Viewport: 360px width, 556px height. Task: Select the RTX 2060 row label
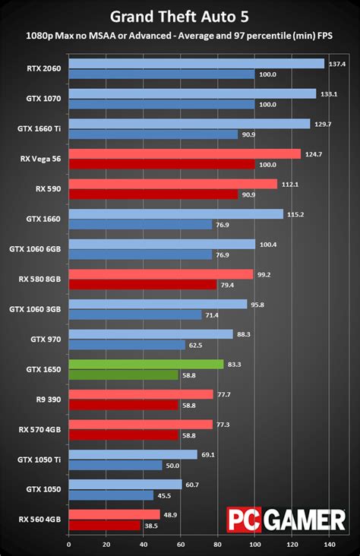pyautogui.click(x=43, y=69)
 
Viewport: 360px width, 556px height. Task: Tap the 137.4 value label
pyautogui.click(x=337, y=64)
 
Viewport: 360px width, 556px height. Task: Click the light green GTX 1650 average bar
pyautogui.click(x=146, y=364)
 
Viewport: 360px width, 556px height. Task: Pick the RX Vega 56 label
pyautogui.click(x=40, y=159)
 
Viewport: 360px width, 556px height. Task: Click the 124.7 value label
pyautogui.click(x=313, y=154)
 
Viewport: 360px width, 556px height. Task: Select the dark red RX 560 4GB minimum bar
pyautogui.click(x=105, y=525)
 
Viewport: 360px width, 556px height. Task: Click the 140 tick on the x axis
pyautogui.click(x=329, y=545)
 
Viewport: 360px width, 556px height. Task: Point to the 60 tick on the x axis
pyautogui.click(x=180, y=545)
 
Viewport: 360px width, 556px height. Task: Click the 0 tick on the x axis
pyautogui.click(x=68, y=545)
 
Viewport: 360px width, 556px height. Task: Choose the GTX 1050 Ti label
pyautogui.click(x=39, y=460)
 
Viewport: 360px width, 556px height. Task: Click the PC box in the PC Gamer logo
pyautogui.click(x=243, y=521)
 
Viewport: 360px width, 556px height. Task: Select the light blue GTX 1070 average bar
pyautogui.click(x=192, y=94)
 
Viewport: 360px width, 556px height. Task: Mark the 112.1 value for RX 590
pyautogui.click(x=289, y=184)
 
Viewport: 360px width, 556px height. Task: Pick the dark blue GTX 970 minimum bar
pyautogui.click(x=127, y=345)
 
